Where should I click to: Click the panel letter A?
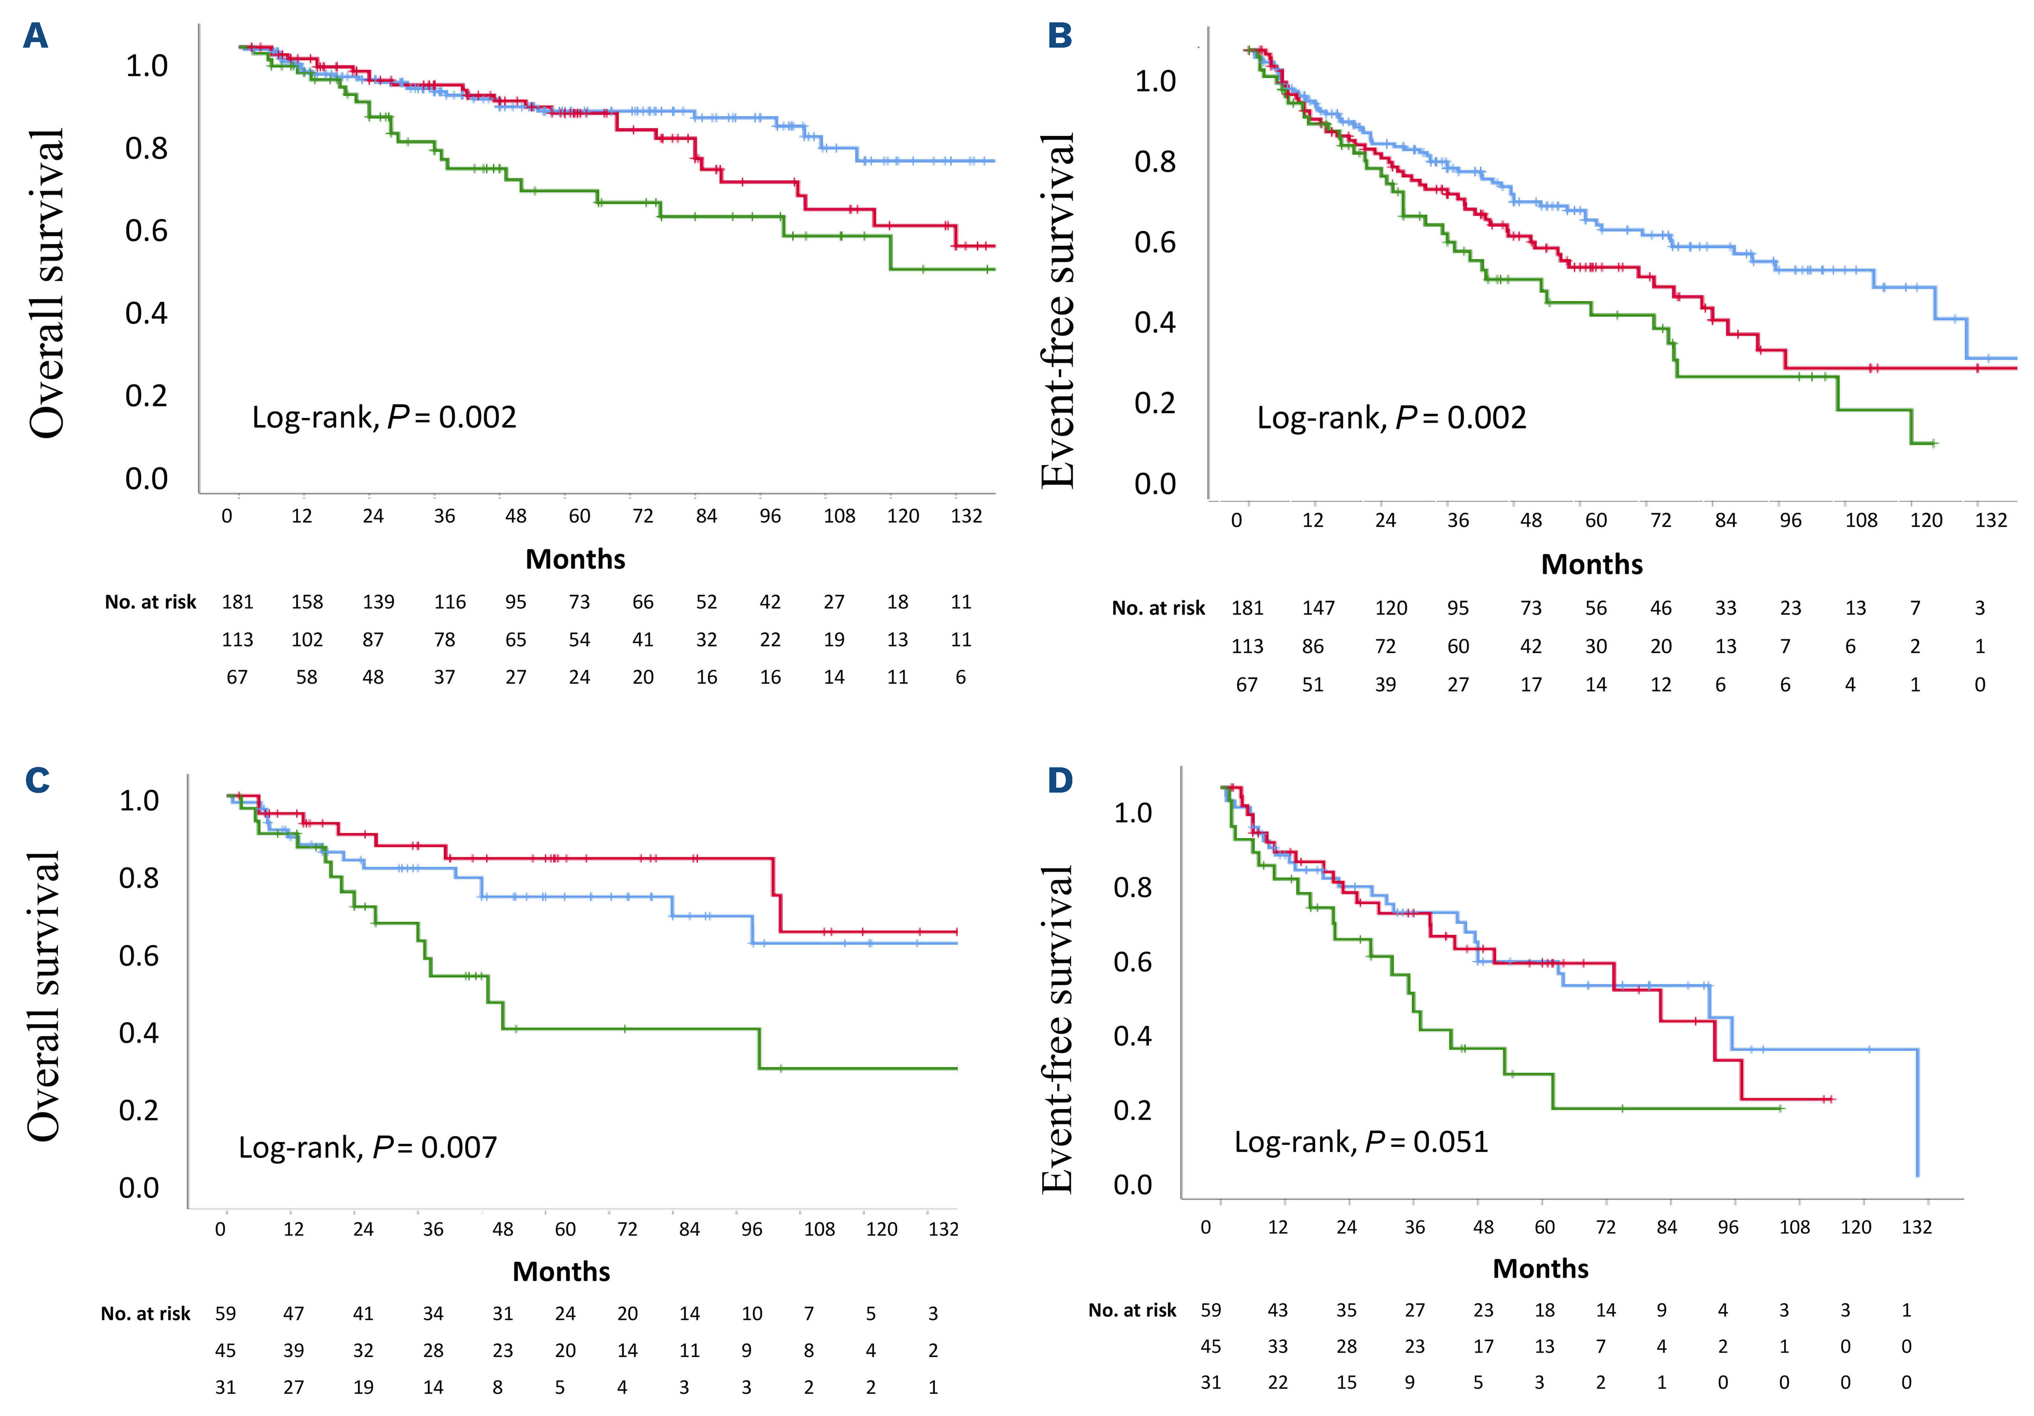pyautogui.click(x=35, y=36)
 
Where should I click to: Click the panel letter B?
pyautogui.click(x=1060, y=36)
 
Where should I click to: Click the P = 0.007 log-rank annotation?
pyautogui.click(x=368, y=1148)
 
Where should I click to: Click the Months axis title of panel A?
pyautogui.click(x=575, y=559)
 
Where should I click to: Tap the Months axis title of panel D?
pyautogui.click(x=1541, y=1268)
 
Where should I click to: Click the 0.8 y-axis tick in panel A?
pyautogui.click(x=146, y=148)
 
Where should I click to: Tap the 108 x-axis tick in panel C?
pyautogui.click(x=819, y=1229)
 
